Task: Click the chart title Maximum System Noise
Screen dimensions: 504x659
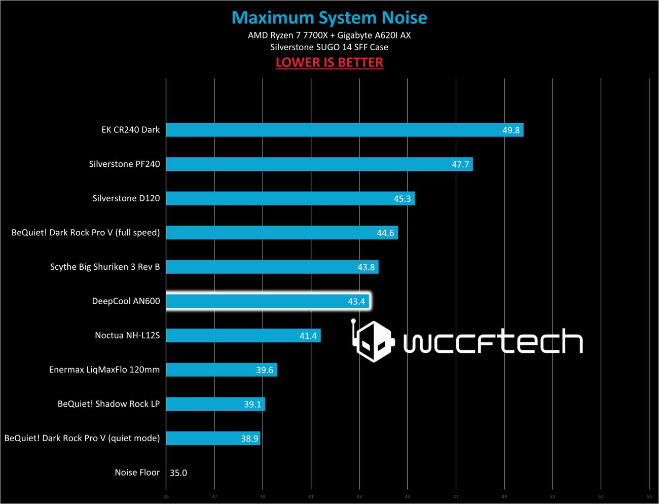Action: pyautogui.click(x=329, y=18)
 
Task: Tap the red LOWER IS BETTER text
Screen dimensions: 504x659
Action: pyautogui.click(x=329, y=62)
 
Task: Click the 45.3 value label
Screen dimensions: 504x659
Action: pyautogui.click(x=402, y=199)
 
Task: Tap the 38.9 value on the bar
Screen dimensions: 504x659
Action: pyautogui.click(x=249, y=439)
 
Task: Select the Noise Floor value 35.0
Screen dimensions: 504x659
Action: pyautogui.click(x=178, y=473)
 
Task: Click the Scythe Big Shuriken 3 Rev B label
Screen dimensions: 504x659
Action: pyautogui.click(x=105, y=267)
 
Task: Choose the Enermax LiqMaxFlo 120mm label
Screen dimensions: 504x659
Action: pyautogui.click(x=104, y=370)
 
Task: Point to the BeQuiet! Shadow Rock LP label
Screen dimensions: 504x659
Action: pyautogui.click(x=108, y=404)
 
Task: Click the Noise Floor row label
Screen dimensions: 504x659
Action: pyautogui.click(x=137, y=473)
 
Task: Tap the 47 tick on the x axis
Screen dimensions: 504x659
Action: pyautogui.click(x=456, y=497)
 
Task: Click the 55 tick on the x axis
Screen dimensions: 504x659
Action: pyautogui.click(x=649, y=497)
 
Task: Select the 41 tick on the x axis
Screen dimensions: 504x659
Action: pyautogui.click(x=311, y=497)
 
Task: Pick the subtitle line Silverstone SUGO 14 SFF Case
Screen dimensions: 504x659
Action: pyautogui.click(x=329, y=47)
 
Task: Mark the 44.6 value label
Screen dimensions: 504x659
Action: pyautogui.click(x=385, y=233)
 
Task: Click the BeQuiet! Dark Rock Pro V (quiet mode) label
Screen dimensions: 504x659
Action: pyautogui.click(x=82, y=438)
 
